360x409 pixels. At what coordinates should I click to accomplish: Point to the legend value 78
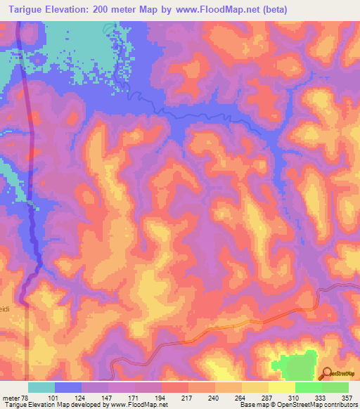[x=26, y=398]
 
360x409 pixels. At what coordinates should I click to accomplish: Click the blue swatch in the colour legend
[x=67, y=387]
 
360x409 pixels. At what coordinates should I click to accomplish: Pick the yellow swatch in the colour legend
[x=281, y=387]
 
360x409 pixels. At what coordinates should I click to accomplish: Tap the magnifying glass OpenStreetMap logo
[x=326, y=373]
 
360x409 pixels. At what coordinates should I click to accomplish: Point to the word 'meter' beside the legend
[x=11, y=398]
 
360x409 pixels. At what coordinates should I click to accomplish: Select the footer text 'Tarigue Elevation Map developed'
[x=42, y=405]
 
